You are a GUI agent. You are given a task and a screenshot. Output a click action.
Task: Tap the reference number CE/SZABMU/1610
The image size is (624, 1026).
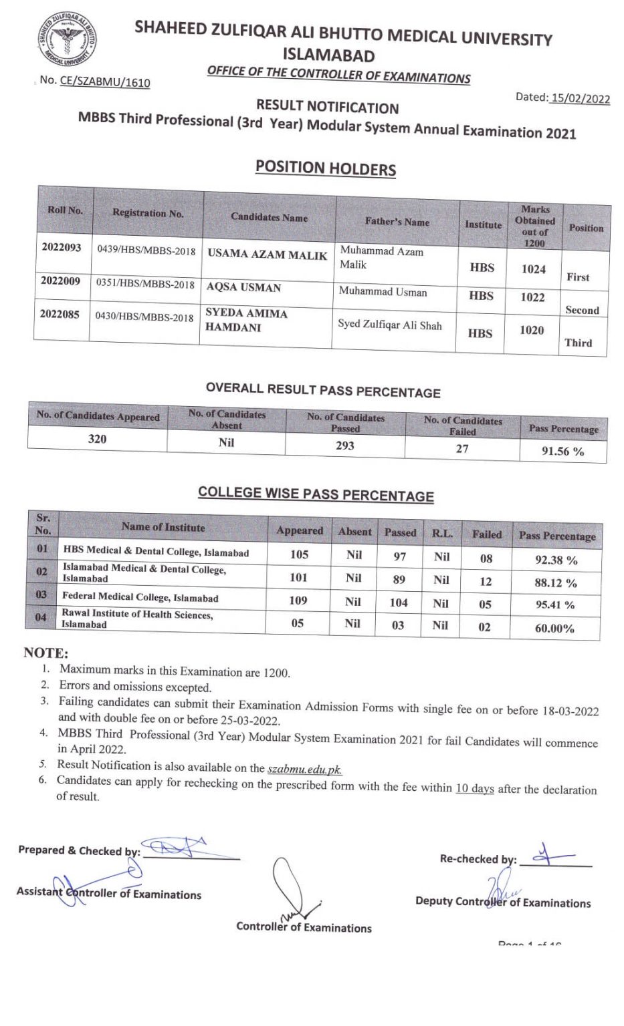105,81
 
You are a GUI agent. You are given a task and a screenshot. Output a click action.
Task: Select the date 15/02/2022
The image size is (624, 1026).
580,98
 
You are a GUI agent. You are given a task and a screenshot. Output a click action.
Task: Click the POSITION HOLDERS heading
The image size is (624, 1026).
325,168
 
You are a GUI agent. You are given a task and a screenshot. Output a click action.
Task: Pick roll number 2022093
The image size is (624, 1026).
61,248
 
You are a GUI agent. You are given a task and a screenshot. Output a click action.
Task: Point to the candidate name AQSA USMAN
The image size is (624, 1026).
243,288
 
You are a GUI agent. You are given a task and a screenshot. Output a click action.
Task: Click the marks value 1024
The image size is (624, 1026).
534,269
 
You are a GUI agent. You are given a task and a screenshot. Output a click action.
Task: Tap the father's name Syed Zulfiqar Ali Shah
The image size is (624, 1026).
390,325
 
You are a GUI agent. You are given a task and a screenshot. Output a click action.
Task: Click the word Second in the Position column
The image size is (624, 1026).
582,310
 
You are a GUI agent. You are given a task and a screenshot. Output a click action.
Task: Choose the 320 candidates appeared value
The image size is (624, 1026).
97,439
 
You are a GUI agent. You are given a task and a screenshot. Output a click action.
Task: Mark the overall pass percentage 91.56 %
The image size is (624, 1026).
562,452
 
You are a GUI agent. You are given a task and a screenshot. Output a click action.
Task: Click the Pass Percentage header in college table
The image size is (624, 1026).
556,536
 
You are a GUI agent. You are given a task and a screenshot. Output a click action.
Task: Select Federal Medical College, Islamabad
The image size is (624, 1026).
140,597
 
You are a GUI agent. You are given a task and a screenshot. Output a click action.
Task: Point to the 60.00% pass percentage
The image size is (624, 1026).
554,628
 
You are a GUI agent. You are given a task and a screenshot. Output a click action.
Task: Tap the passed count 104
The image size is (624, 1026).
399,603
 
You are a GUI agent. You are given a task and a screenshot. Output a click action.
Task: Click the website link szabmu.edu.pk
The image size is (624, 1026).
304,769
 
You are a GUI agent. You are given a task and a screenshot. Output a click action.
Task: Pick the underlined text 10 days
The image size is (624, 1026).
475,788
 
